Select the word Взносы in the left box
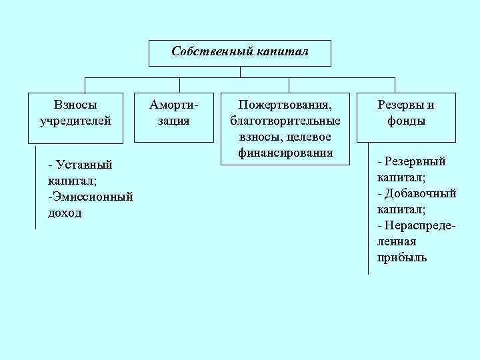point(75,105)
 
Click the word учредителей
point(75,121)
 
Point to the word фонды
point(406,121)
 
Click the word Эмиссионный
point(91,197)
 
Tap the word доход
point(65,213)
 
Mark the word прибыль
point(402,257)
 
